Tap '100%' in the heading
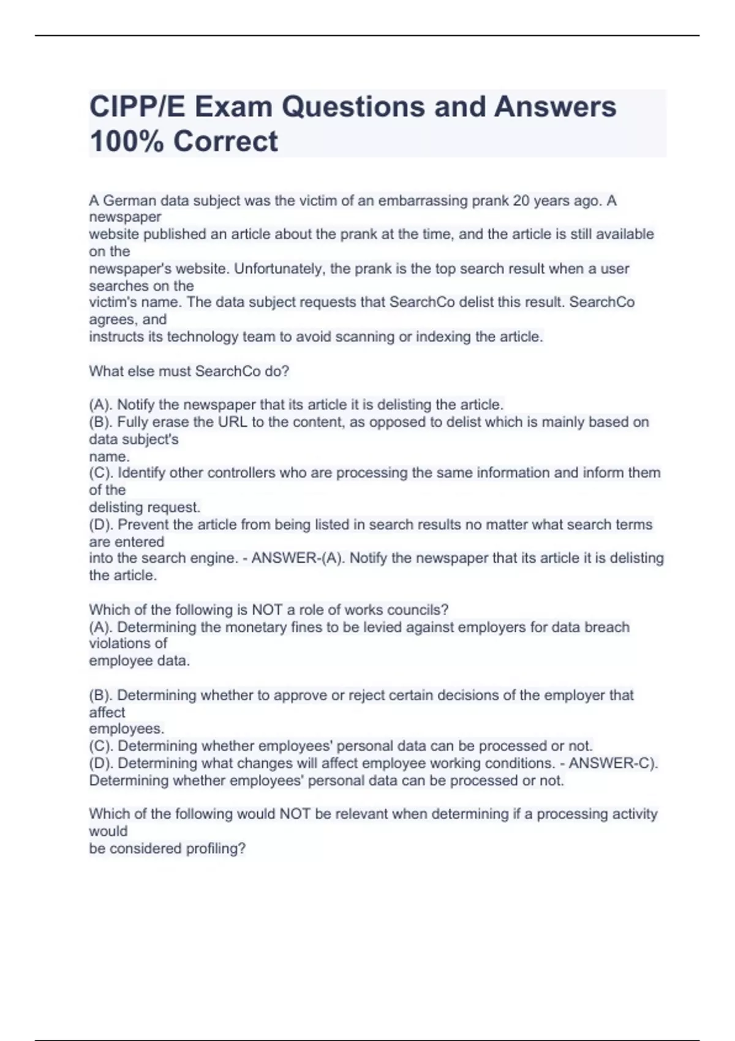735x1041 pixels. pos(126,141)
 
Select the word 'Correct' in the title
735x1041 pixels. pos(225,141)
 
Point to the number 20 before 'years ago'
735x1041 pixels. pos(521,201)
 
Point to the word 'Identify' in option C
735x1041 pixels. pos(141,473)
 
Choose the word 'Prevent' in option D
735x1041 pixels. pos(141,525)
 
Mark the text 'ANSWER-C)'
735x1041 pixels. pos(613,764)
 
